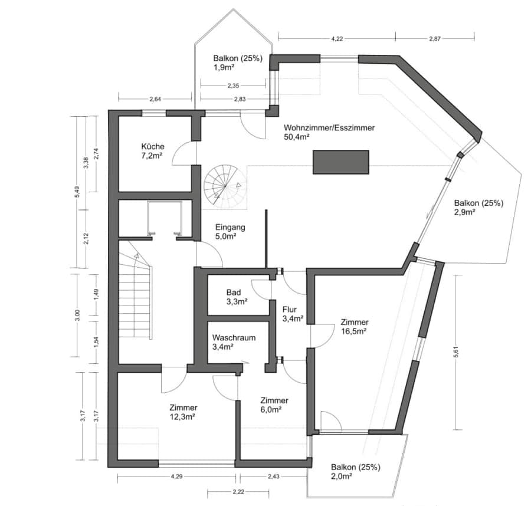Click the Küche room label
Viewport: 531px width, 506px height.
click(x=153, y=147)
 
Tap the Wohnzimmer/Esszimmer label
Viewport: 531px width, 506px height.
click(x=329, y=127)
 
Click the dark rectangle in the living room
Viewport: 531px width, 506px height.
click(x=340, y=162)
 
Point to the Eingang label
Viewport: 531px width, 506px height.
click(x=230, y=227)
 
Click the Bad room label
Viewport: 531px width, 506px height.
click(x=234, y=292)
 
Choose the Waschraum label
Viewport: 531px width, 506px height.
click(x=234, y=338)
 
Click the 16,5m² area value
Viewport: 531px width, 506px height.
click(x=354, y=331)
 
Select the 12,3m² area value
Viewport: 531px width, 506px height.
click(x=182, y=416)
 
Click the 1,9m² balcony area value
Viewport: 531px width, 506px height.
click(x=225, y=68)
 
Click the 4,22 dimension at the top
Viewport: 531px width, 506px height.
click(x=336, y=38)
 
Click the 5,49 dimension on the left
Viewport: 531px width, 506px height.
click(x=76, y=193)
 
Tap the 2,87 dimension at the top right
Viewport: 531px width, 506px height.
click(x=435, y=38)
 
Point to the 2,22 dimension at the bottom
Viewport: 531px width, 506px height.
click(x=238, y=491)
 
